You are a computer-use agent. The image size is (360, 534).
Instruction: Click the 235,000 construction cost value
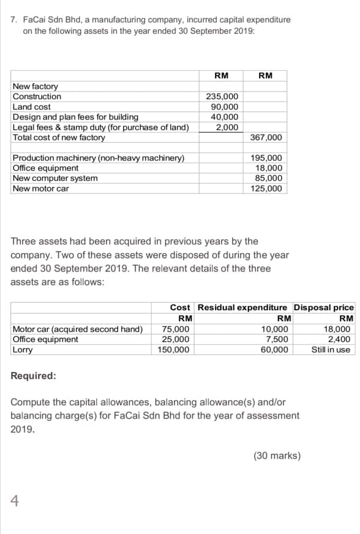click(x=222, y=97)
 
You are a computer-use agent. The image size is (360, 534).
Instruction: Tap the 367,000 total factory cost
click(x=266, y=138)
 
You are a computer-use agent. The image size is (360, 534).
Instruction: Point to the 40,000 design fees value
click(x=225, y=117)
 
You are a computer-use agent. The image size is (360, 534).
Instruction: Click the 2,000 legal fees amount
click(x=227, y=127)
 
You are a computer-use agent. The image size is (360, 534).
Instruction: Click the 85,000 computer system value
click(x=269, y=178)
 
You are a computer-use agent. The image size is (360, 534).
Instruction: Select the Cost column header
click(x=180, y=307)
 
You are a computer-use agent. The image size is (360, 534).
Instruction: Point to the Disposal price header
click(x=323, y=307)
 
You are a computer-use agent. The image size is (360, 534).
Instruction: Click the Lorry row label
click(x=23, y=350)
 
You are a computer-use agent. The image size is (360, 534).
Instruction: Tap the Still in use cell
click(x=331, y=350)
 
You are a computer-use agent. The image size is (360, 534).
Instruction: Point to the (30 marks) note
click(x=277, y=456)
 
